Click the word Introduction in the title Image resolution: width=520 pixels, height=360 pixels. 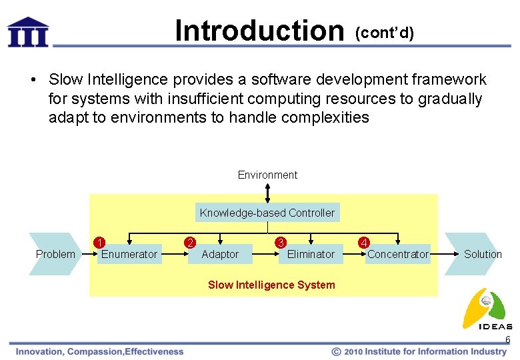pyautogui.click(x=258, y=31)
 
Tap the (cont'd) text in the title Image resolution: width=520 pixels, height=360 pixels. pyautogui.click(x=385, y=33)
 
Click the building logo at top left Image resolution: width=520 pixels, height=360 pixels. pyautogui.click(x=28, y=31)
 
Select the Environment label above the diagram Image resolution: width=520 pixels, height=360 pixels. pyautogui.click(x=267, y=175)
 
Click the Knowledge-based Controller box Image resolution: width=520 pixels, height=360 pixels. pyautogui.click(x=267, y=213)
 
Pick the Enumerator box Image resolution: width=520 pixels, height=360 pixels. pyautogui.click(x=129, y=254)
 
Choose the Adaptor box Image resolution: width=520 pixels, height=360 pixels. pyautogui.click(x=220, y=254)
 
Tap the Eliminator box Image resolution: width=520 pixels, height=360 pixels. pyautogui.click(x=311, y=254)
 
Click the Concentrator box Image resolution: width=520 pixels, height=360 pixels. pyautogui.click(x=398, y=254)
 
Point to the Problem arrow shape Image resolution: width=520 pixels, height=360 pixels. pyautogui.click(x=55, y=254)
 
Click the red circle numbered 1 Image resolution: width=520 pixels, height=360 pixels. pyautogui.click(x=99, y=241)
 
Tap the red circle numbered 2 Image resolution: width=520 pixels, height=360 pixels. pyautogui.click(x=190, y=241)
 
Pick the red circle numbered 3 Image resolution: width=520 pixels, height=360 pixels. pyautogui.click(x=281, y=241)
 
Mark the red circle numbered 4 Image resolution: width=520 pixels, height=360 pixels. pyautogui.click(x=363, y=241)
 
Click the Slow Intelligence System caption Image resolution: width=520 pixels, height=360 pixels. pyautogui.click(x=271, y=285)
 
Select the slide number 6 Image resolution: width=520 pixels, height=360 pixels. pyautogui.click(x=507, y=340)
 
